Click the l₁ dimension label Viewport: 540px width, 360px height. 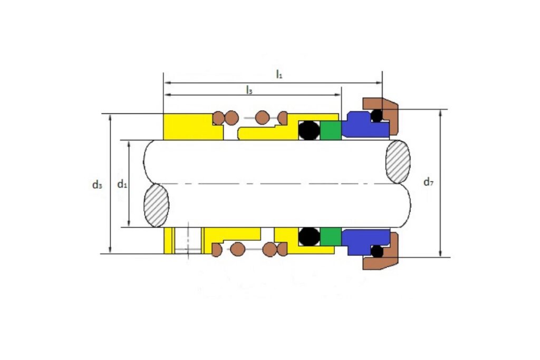coord(279,74)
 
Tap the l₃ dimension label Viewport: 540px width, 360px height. coord(249,90)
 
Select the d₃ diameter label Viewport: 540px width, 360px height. coord(97,185)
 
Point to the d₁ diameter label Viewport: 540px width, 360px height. coord(122,184)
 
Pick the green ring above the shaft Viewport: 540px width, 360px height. coord(331,130)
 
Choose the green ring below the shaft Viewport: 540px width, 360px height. coord(331,237)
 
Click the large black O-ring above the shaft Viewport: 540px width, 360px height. coord(309,130)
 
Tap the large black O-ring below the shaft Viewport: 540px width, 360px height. coord(309,237)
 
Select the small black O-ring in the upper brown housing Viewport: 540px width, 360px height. coord(377,115)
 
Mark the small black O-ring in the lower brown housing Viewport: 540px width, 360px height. coord(377,251)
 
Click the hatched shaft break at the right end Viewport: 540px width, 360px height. coord(398,162)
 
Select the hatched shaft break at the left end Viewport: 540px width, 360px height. coord(156,206)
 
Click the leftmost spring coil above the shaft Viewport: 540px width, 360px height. coord(218,118)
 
